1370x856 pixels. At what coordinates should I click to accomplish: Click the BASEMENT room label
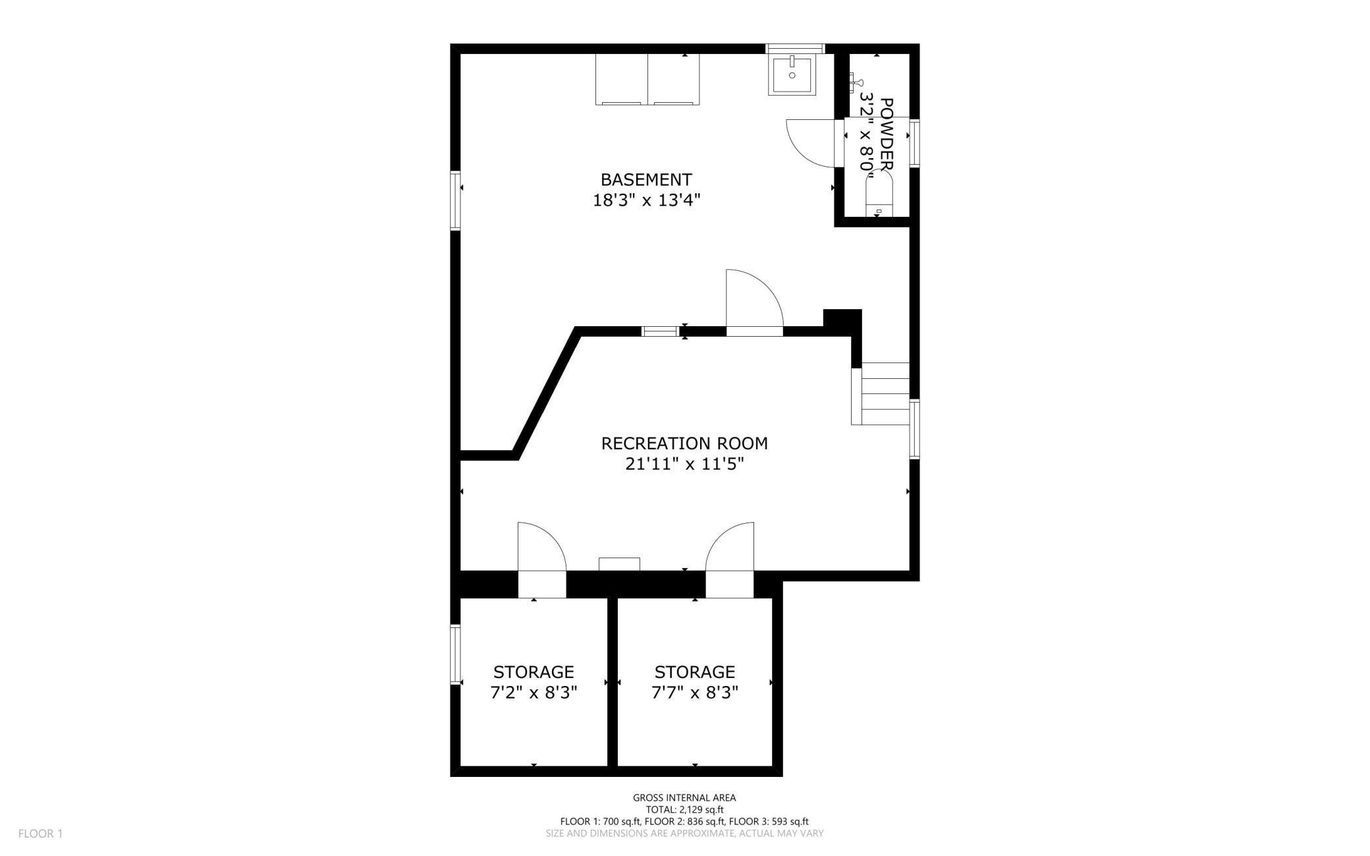[645, 179]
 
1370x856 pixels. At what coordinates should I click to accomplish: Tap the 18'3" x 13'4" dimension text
[645, 200]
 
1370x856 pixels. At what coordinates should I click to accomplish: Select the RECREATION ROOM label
[684, 443]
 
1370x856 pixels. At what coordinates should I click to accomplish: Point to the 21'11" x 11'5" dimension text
[684, 465]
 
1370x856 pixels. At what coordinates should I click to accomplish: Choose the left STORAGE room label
[534, 671]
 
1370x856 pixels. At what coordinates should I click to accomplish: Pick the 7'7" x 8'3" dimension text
[694, 693]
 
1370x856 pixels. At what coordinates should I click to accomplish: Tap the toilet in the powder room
[877, 194]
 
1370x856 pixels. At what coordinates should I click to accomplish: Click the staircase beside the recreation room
[883, 394]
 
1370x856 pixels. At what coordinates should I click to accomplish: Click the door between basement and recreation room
[753, 303]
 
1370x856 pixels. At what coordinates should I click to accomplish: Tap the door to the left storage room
[541, 550]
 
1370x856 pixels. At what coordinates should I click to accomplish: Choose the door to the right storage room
[730, 550]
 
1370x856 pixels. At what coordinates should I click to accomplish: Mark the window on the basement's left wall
[455, 200]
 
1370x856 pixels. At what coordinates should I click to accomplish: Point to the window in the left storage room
[455, 654]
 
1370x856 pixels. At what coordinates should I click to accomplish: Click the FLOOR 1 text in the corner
[40, 834]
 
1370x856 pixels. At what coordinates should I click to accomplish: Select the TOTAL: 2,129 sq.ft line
[684, 810]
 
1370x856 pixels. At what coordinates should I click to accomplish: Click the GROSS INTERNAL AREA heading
[684, 798]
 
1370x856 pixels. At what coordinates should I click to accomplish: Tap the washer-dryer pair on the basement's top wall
[647, 79]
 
